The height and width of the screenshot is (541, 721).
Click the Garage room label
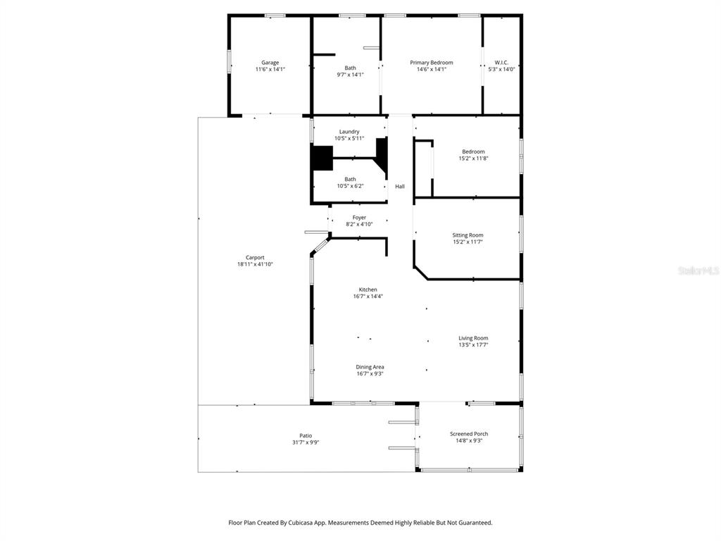coord(270,63)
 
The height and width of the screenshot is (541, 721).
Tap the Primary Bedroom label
coord(431,63)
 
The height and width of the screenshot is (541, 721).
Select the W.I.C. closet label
coord(501,63)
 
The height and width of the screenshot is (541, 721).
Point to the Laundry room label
coord(349,132)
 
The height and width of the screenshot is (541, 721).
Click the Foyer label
coord(359,218)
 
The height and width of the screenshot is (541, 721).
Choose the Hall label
coord(400,187)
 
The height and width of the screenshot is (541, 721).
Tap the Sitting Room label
coord(468,235)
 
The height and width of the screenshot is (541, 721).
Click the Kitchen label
coord(368,290)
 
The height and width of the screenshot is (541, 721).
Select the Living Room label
coord(473,338)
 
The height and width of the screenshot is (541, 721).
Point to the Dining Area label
coord(370,367)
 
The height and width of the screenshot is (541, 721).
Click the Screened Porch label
coord(469,434)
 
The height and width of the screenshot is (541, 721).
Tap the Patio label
coord(306,436)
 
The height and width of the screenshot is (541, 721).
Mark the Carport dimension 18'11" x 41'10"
coord(255,264)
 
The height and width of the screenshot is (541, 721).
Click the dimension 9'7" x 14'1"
coord(350,75)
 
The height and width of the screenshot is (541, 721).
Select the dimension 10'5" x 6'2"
coord(350,186)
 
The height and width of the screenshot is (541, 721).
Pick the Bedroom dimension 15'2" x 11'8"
coord(473,158)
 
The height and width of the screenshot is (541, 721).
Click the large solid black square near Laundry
coord(322,157)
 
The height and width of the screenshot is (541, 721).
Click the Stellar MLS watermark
coord(698,270)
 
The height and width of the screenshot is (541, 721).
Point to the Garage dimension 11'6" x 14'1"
coord(270,69)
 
